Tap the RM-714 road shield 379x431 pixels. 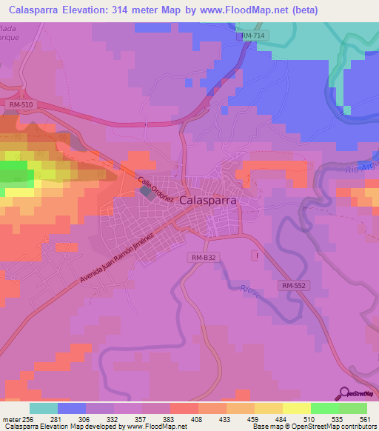tap(253, 36)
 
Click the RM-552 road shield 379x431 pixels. tap(293, 284)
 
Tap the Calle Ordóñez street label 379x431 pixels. tap(155, 189)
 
